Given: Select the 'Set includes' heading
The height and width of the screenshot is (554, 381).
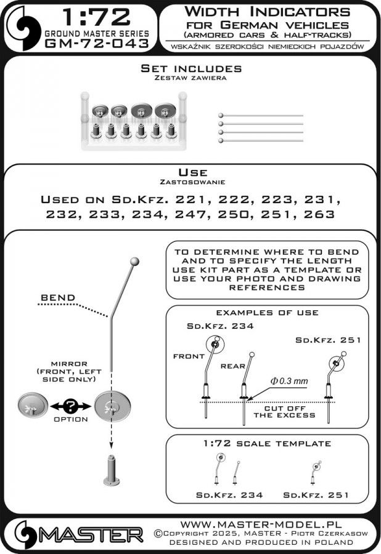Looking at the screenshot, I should [190, 68].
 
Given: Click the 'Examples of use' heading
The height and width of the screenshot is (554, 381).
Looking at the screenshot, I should [267, 313].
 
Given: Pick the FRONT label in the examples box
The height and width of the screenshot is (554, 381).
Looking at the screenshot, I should [189, 356].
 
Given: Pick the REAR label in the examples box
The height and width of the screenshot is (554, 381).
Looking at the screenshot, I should [233, 366].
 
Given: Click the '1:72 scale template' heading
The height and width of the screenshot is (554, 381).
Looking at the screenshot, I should [268, 443].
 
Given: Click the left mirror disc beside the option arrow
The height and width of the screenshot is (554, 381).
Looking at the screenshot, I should [33, 407].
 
